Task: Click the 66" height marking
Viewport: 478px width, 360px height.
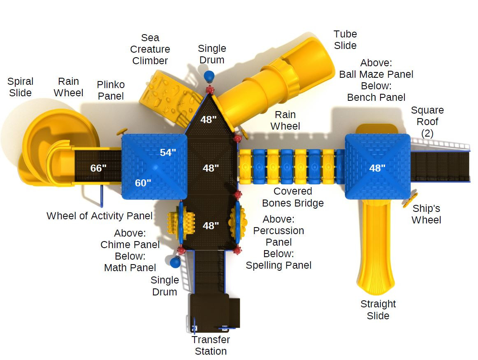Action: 98,168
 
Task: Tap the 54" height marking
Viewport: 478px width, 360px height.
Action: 168,153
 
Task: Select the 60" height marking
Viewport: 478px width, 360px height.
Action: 143,183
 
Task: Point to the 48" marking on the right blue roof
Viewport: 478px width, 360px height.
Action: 377,168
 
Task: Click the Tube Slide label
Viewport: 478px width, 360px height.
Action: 345,39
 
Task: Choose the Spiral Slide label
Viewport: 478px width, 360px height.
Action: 20,87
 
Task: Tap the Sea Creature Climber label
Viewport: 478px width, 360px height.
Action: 150,49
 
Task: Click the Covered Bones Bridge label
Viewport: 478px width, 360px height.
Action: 292,197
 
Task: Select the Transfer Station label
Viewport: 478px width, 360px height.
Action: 211,345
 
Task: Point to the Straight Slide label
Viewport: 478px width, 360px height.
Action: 378,310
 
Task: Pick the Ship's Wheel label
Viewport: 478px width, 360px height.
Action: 426,214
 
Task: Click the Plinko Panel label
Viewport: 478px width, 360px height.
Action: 111,90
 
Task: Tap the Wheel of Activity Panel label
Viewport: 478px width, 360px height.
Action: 100,216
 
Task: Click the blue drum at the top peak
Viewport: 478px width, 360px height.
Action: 209,76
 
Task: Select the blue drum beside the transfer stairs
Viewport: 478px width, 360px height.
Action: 175,262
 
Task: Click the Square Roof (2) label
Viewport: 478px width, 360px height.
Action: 427,121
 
